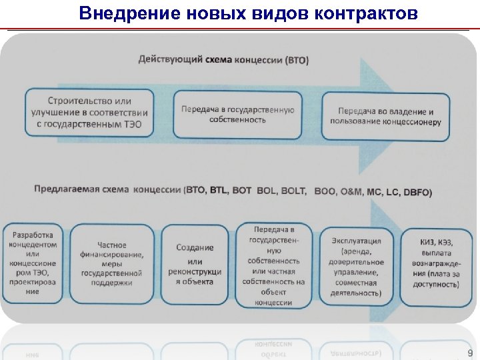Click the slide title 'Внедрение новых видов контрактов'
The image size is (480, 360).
coord(248,13)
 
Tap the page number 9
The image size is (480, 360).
coord(469,353)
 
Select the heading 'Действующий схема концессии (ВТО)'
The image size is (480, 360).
coord(223,60)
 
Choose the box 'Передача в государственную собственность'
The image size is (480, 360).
coord(237,114)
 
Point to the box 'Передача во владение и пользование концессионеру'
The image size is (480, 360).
coord(385,116)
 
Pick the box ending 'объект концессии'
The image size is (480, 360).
coord(273,265)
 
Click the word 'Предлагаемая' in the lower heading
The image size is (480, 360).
coord(66,189)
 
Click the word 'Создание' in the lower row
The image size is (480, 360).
coord(195,247)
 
